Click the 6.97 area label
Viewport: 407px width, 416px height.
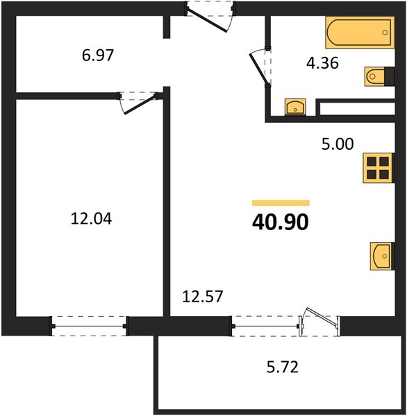pos(98,55)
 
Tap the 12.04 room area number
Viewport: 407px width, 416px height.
pos(92,219)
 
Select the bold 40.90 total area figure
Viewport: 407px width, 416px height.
pos(281,222)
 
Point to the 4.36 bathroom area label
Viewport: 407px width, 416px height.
pos(322,63)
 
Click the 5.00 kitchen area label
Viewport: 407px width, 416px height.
pos(338,144)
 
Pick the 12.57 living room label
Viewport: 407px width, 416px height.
pos(203,296)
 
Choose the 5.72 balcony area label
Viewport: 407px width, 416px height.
pos(282,367)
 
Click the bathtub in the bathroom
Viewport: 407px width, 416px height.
pos(360,33)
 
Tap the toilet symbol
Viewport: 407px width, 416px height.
pos(379,76)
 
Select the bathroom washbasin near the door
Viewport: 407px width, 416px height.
pos(295,107)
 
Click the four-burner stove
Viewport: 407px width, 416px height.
pos(379,168)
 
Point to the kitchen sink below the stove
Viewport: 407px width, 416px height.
pos(382,256)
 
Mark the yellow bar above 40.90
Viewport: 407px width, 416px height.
pos(281,203)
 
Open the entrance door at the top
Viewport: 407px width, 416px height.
pos(207,20)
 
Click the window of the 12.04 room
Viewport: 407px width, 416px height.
pos(89,326)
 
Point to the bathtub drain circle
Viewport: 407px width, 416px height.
pos(385,33)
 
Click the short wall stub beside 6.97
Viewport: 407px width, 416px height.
pos(167,27)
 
